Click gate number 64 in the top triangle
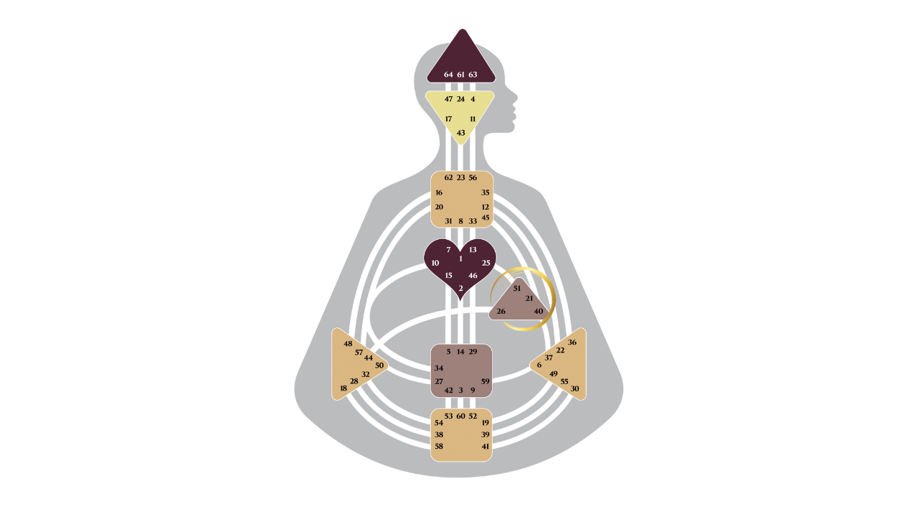click(x=448, y=75)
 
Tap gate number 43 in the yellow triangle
click(x=460, y=133)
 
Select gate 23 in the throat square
click(x=460, y=177)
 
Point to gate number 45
click(x=486, y=218)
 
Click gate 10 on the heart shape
click(x=435, y=263)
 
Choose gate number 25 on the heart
click(x=486, y=263)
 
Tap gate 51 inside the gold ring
click(x=516, y=288)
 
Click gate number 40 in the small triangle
click(x=539, y=311)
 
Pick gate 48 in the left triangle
click(x=348, y=343)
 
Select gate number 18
click(x=344, y=388)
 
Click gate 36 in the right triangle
click(x=572, y=343)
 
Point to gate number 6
click(x=539, y=365)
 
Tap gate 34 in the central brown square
click(x=438, y=368)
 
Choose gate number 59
click(x=486, y=381)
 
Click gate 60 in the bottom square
click(x=460, y=416)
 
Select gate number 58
click(x=438, y=446)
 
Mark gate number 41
click(x=486, y=446)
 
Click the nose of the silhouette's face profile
click(x=517, y=99)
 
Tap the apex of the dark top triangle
click(x=462, y=29)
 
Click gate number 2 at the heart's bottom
click(x=460, y=288)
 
